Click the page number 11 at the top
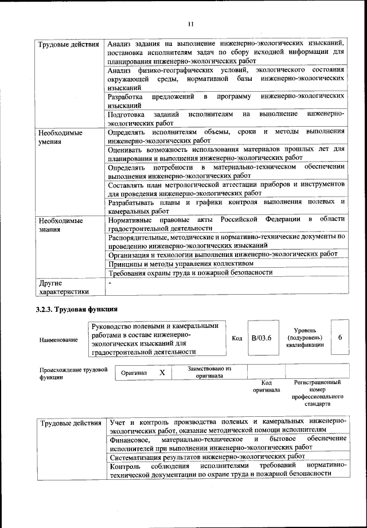[x=190, y=24]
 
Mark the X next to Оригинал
[x=162, y=373]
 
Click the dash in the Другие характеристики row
[x=110, y=283]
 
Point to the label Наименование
[x=59, y=340]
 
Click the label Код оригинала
[x=266, y=386]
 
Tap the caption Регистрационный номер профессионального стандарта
[x=317, y=393]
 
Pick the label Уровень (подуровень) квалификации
[x=307, y=338]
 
